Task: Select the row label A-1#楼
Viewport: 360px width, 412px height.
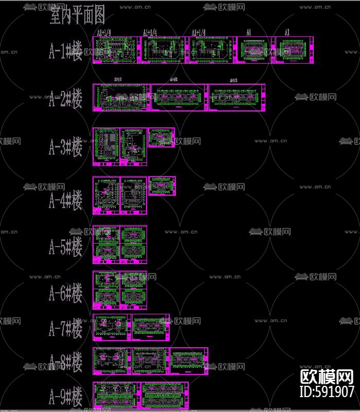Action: click(65, 51)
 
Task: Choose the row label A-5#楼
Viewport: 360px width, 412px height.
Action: click(65, 247)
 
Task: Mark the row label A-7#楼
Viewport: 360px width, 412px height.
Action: click(65, 328)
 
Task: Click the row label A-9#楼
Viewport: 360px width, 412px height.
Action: click(65, 397)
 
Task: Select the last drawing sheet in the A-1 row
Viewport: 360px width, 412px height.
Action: click(294, 50)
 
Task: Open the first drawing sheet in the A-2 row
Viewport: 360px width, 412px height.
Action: click(121, 98)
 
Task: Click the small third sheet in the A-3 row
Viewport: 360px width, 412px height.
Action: click(161, 138)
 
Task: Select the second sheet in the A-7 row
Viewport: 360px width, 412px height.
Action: click(151, 327)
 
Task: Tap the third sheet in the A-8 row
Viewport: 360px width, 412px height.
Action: click(189, 361)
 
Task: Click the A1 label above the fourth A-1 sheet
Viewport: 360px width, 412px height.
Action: click(248, 32)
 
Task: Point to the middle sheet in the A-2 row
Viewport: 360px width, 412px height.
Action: click(179, 98)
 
